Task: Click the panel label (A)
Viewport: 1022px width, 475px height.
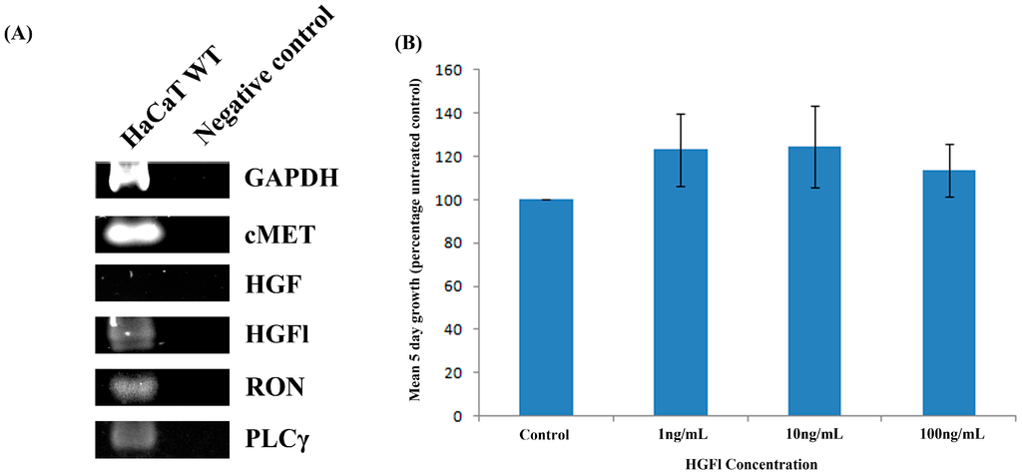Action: coord(19,33)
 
